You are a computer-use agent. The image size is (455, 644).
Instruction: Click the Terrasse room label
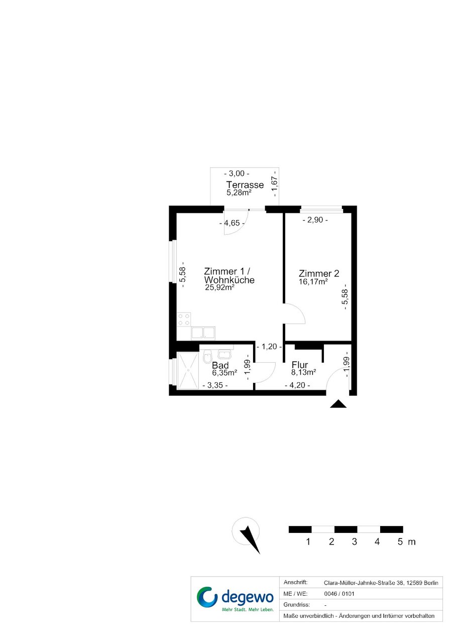245,184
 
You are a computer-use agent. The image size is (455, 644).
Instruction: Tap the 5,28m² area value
239,192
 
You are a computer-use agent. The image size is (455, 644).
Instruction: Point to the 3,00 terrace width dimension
237,173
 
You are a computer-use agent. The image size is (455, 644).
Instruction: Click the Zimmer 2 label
319,273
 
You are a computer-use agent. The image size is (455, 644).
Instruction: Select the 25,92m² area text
219,287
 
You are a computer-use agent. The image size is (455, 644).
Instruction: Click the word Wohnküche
229,280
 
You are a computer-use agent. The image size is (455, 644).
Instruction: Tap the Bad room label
220,365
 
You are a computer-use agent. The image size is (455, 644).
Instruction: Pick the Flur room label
299,365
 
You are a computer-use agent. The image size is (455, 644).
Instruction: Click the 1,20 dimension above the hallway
269,347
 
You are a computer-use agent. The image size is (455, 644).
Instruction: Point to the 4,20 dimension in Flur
297,385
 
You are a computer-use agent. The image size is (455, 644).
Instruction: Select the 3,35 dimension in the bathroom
215,385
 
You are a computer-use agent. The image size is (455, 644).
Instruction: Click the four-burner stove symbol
184,319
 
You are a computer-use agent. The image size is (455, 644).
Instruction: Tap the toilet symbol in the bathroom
207,357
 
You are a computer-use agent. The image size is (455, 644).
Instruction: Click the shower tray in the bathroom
188,371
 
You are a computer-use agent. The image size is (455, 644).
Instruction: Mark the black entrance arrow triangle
338,404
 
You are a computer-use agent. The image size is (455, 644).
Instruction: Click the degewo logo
235,599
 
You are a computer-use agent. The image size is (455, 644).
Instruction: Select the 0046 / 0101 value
339,594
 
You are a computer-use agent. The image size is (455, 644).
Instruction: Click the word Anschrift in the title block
295,583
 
